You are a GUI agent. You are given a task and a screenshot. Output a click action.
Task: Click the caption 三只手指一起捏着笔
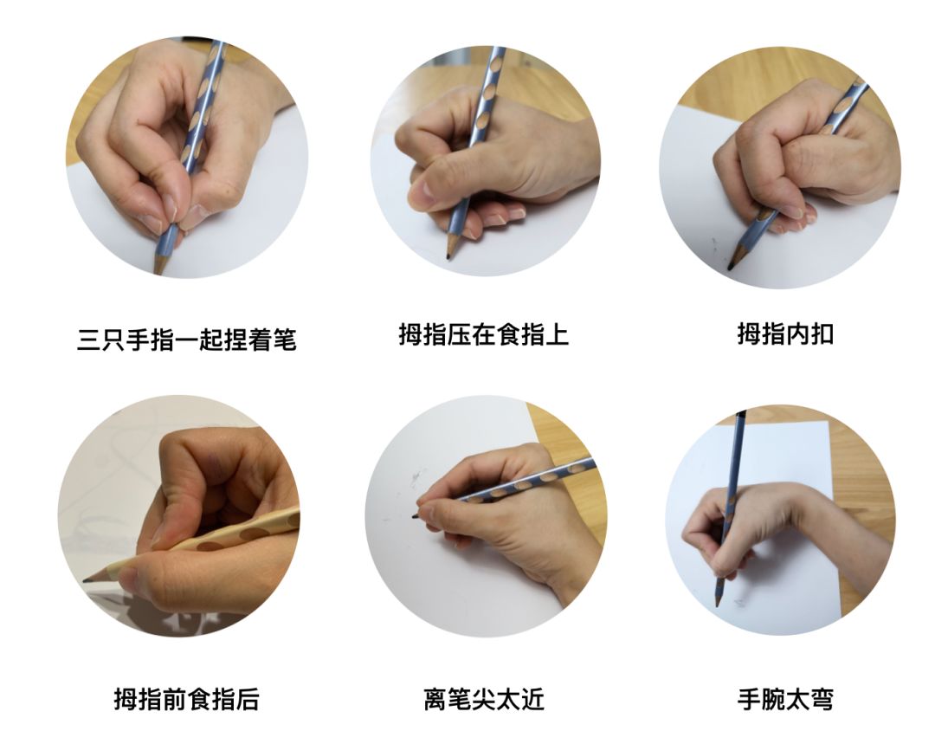pos(187,340)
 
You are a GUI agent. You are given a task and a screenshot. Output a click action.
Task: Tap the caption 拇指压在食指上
pos(484,333)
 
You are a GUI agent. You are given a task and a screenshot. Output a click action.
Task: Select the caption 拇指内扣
pos(784,333)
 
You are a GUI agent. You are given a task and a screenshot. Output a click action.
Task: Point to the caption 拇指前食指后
pos(187,699)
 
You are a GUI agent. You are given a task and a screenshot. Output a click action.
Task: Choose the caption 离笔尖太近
pos(484,699)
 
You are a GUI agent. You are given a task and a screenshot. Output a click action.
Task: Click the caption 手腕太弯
pos(784,699)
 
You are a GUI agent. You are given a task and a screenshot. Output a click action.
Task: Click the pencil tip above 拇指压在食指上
pos(448,256)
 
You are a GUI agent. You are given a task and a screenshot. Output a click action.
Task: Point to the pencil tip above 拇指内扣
pos(730,267)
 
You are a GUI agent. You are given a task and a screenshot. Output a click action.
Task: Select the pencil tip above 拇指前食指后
pos(85,579)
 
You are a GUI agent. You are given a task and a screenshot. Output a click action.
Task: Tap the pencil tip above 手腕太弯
pos(718,603)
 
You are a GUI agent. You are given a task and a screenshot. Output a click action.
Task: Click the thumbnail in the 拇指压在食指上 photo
pos(424,192)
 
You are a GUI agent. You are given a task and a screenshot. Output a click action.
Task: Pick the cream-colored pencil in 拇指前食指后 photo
pos(190,544)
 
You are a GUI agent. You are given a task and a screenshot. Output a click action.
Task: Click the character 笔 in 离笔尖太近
pos(459,699)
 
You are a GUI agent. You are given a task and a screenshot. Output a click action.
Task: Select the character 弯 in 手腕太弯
pos(821,699)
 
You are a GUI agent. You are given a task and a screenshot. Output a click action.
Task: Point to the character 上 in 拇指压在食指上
pos(557,333)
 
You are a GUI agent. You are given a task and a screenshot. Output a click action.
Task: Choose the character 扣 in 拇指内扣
pos(821,333)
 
